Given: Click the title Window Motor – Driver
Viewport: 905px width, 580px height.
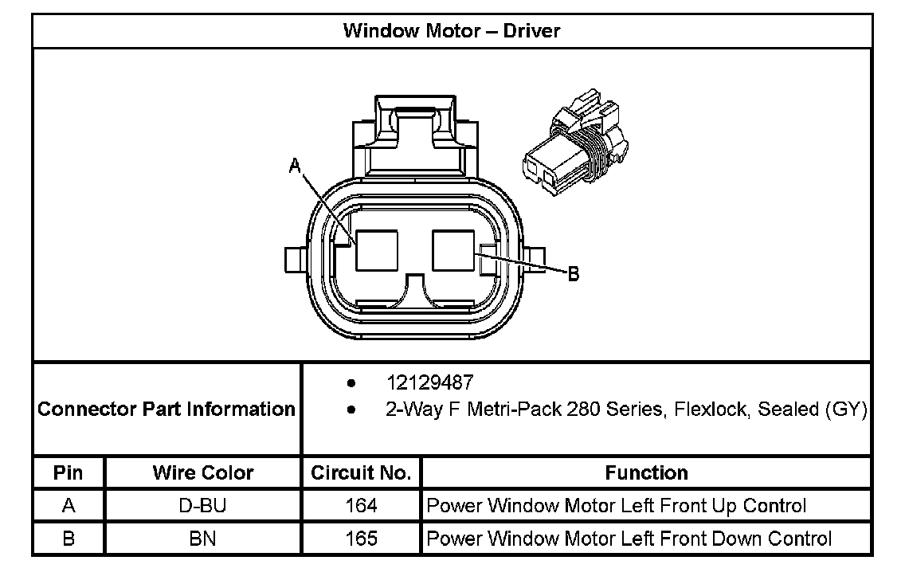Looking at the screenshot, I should [x=452, y=31].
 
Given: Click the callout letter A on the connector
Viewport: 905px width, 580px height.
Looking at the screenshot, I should [x=295, y=166].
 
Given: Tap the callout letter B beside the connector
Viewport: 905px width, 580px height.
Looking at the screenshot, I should [x=573, y=275].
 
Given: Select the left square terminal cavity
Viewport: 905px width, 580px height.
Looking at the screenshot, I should [x=377, y=250].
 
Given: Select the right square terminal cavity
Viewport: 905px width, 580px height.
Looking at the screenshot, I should [x=453, y=250].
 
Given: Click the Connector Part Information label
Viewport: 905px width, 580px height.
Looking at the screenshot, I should [x=167, y=409].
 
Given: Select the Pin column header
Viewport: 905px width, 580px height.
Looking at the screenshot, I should [x=69, y=472].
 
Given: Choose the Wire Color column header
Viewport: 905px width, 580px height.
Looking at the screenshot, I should [x=203, y=472].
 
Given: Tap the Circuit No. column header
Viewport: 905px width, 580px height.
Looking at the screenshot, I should [x=361, y=472].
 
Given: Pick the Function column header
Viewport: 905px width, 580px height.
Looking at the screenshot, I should [x=646, y=472].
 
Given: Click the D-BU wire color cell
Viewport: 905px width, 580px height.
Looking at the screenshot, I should [x=203, y=506].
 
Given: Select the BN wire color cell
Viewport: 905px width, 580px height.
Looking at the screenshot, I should [x=203, y=539].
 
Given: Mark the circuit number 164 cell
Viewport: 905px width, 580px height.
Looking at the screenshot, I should [x=361, y=506].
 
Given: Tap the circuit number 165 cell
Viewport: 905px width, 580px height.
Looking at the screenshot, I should [x=361, y=539].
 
